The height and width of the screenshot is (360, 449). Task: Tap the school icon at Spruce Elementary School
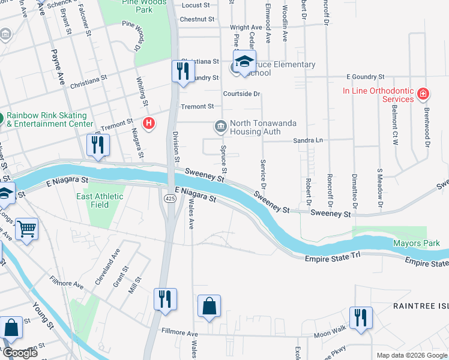pyautogui.click(x=244, y=62)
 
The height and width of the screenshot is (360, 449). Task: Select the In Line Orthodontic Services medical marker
pyautogui.click(x=424, y=94)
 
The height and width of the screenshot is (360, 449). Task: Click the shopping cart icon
pyautogui.click(x=26, y=229)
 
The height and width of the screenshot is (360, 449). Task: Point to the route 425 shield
pyautogui.click(x=170, y=198)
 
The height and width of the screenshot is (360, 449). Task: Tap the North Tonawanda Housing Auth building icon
pyautogui.click(x=220, y=127)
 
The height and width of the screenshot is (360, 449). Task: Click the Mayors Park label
pyautogui.click(x=416, y=243)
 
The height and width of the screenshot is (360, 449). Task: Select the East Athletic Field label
pyautogui.click(x=100, y=200)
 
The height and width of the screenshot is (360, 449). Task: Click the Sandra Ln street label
pyautogui.click(x=308, y=140)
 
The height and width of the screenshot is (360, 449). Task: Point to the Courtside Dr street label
pyautogui.click(x=241, y=94)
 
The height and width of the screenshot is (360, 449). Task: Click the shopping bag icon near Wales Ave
pyautogui.click(x=209, y=305)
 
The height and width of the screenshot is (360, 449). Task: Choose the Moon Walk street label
pyautogui.click(x=330, y=332)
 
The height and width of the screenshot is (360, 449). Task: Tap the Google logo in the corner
pyautogui.click(x=20, y=353)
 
